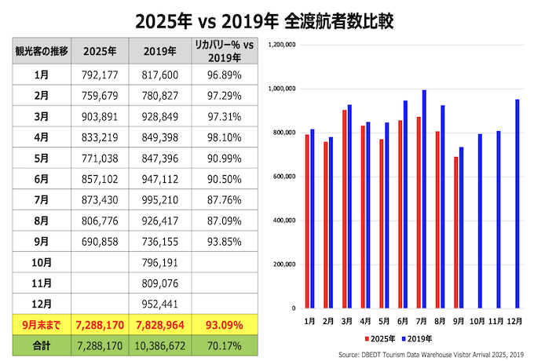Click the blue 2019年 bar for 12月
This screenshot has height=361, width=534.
(518, 203)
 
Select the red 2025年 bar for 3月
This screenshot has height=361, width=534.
(345, 209)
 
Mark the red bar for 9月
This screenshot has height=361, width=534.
(455, 232)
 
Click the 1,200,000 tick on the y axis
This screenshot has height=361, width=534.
(281, 45)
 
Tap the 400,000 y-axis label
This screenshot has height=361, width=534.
(283, 221)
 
